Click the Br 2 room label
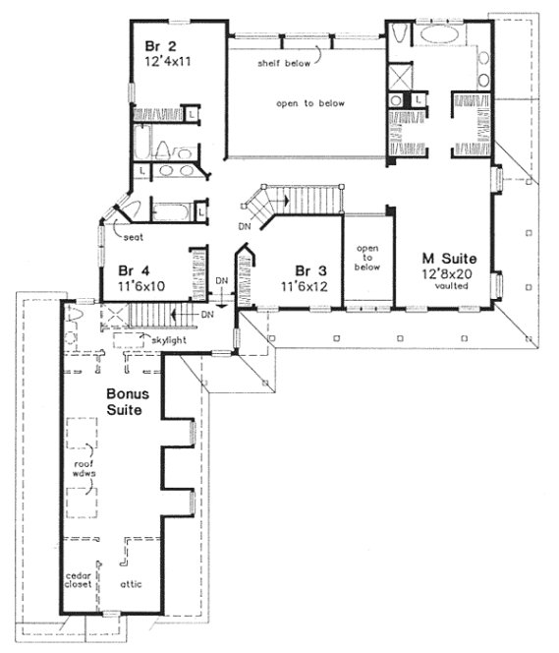161,45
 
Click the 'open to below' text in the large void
309,102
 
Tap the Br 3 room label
311,270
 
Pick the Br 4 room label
134,270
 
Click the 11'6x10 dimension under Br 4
139,286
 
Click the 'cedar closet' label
78,579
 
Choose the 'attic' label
133,583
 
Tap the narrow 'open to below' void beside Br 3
366,259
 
